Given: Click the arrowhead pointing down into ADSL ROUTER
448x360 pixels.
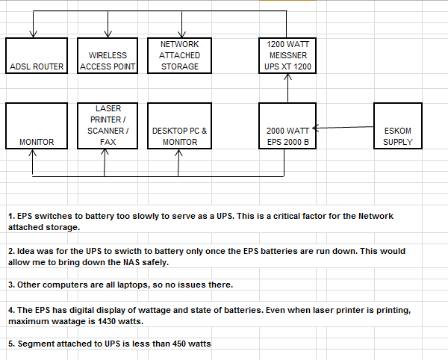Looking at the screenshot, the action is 33,34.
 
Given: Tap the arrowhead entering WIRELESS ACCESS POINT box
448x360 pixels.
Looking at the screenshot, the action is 108,34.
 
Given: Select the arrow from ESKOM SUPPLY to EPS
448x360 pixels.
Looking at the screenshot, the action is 343,127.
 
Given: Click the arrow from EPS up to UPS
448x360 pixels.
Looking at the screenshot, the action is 287,88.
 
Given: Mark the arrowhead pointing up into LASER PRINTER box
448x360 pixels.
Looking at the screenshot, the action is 105,152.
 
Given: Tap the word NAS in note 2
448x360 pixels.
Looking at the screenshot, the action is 131,262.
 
